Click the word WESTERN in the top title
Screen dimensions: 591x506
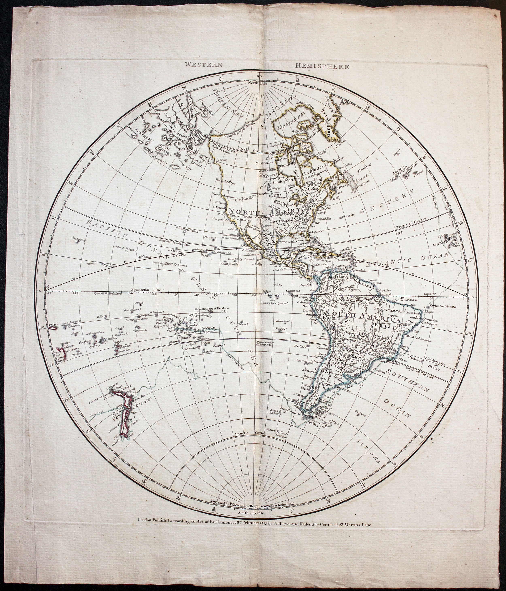click(x=203, y=64)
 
